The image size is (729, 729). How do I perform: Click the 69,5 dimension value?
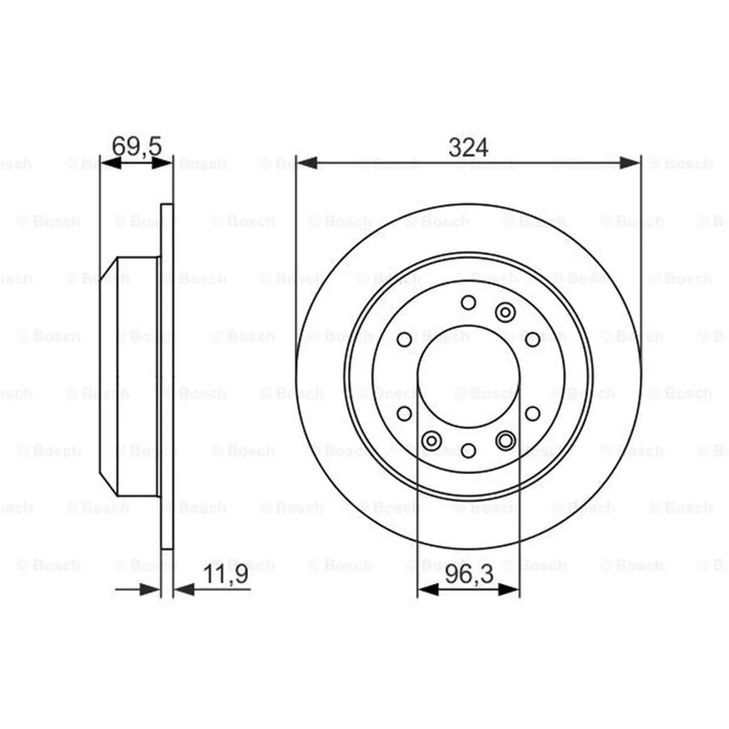[137, 146]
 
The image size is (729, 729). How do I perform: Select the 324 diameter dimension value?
[468, 148]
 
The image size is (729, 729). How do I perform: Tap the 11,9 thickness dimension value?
[226, 574]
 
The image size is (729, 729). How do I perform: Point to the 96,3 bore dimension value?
[469, 575]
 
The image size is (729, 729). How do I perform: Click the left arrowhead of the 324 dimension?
[307, 163]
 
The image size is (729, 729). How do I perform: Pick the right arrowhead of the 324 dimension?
[630, 163]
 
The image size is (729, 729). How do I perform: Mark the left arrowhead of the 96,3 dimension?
[428, 590]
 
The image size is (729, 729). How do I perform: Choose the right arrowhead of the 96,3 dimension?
[509, 590]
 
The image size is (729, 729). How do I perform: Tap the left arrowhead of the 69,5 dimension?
[110, 163]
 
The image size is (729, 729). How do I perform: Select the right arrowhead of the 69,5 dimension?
[162, 163]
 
